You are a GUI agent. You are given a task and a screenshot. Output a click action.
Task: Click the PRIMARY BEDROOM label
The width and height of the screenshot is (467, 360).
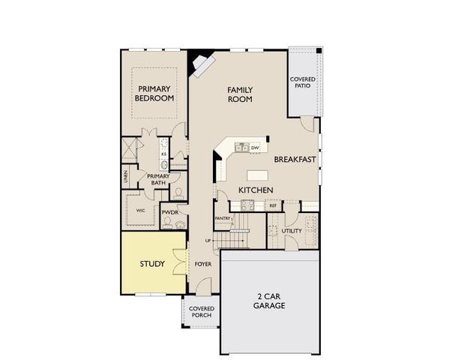(154, 92)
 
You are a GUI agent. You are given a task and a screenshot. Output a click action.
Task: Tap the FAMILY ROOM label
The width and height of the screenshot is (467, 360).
(240, 94)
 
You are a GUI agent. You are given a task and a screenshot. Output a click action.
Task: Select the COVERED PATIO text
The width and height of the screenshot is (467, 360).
(303, 83)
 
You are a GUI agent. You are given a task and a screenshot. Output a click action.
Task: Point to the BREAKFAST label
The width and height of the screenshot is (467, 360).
(293, 160)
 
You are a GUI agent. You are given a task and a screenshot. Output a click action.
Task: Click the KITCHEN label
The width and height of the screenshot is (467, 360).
(255, 190)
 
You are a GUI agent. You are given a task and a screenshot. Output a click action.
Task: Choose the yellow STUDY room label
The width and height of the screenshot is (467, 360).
(152, 264)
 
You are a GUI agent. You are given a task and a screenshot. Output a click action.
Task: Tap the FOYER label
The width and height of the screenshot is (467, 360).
(202, 265)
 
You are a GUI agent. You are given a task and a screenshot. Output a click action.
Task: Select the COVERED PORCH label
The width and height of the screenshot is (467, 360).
(201, 311)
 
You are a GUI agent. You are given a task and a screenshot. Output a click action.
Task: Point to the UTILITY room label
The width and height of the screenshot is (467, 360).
(292, 230)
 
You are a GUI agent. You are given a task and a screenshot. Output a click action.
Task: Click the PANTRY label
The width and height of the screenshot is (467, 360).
(222, 218)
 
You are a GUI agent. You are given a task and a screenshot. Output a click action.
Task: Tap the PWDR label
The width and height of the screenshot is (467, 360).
(169, 212)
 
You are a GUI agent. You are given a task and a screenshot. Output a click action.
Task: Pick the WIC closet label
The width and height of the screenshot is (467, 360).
(140, 211)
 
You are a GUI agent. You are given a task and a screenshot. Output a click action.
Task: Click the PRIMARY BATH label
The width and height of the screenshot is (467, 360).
(158, 179)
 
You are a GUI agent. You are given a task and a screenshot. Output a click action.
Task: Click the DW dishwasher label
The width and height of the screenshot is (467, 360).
(255, 148)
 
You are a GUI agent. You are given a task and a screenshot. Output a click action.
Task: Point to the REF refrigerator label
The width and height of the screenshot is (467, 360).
(273, 205)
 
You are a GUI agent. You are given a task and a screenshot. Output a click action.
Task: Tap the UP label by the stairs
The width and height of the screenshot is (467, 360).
(208, 240)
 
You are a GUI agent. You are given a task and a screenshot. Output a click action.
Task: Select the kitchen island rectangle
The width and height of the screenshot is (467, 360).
(256, 174)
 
